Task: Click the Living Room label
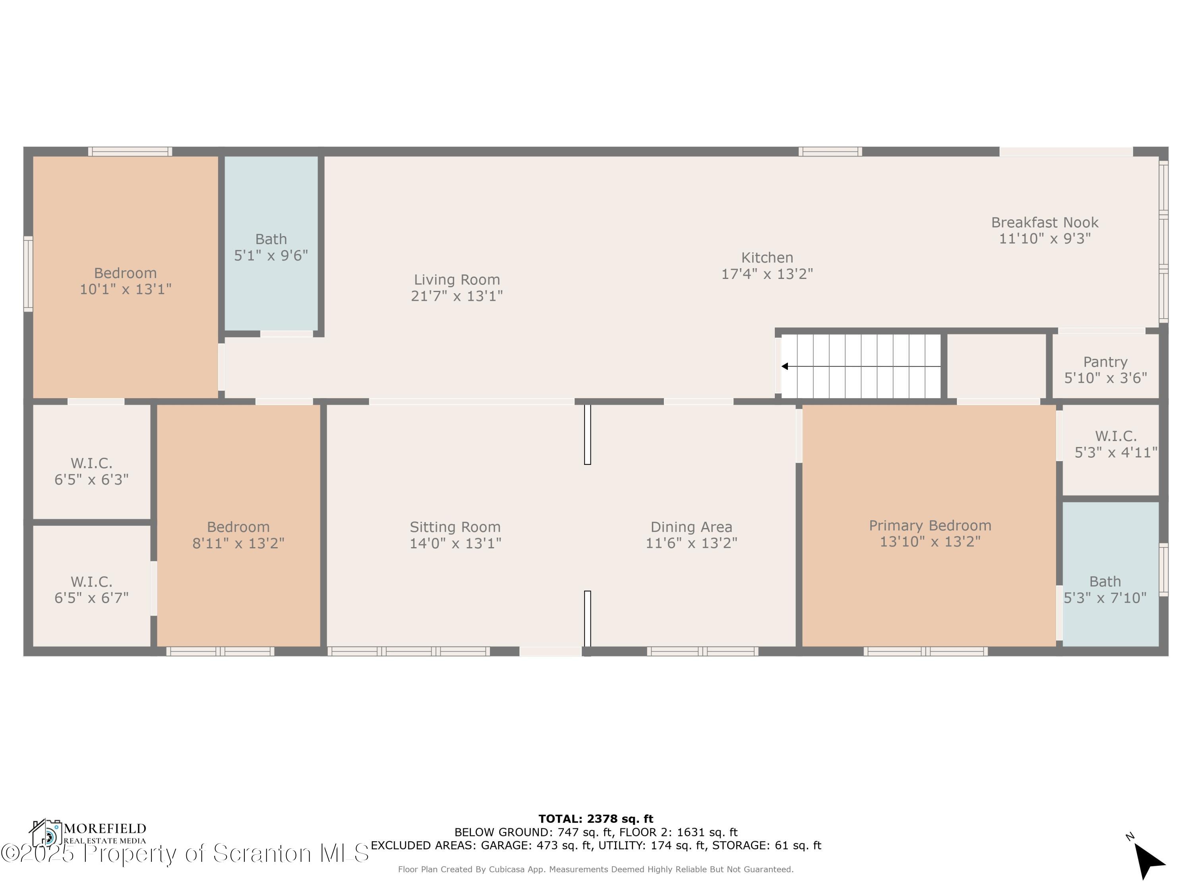point(457,280)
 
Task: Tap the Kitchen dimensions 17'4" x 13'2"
point(767,274)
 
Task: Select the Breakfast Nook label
point(1044,223)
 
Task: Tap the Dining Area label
point(691,527)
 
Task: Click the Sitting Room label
point(455,527)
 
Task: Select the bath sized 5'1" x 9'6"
point(271,247)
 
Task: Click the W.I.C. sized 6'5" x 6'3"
point(92,470)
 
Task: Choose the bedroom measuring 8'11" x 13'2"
point(238,534)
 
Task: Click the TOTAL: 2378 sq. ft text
point(596,819)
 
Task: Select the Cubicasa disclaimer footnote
point(596,869)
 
